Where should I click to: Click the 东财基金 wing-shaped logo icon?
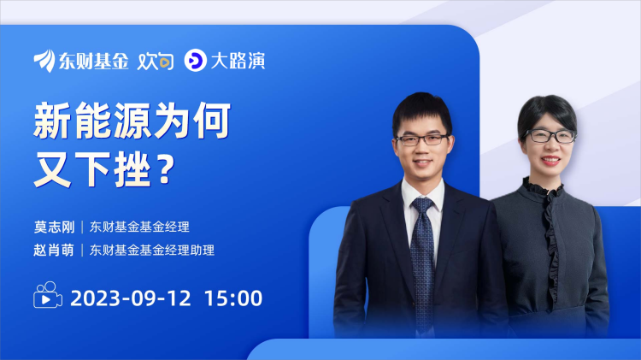(x=44, y=61)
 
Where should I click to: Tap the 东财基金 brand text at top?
(x=94, y=61)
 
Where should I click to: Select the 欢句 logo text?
(x=156, y=62)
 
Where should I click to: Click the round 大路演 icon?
(x=195, y=60)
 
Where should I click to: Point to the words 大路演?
(x=238, y=61)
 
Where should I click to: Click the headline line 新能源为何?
(x=132, y=121)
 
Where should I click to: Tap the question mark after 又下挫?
(x=166, y=170)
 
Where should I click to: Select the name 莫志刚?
(x=55, y=227)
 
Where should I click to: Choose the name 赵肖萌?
(x=54, y=250)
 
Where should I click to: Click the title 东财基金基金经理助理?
(x=151, y=250)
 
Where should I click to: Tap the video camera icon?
(x=48, y=295)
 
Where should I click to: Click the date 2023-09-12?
(x=131, y=298)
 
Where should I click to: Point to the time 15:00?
(x=233, y=298)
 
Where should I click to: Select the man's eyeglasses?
(x=423, y=140)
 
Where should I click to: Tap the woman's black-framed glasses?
(x=550, y=136)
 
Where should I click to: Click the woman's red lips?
(x=550, y=160)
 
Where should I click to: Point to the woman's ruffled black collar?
(x=543, y=189)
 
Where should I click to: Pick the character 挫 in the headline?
(x=132, y=169)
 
